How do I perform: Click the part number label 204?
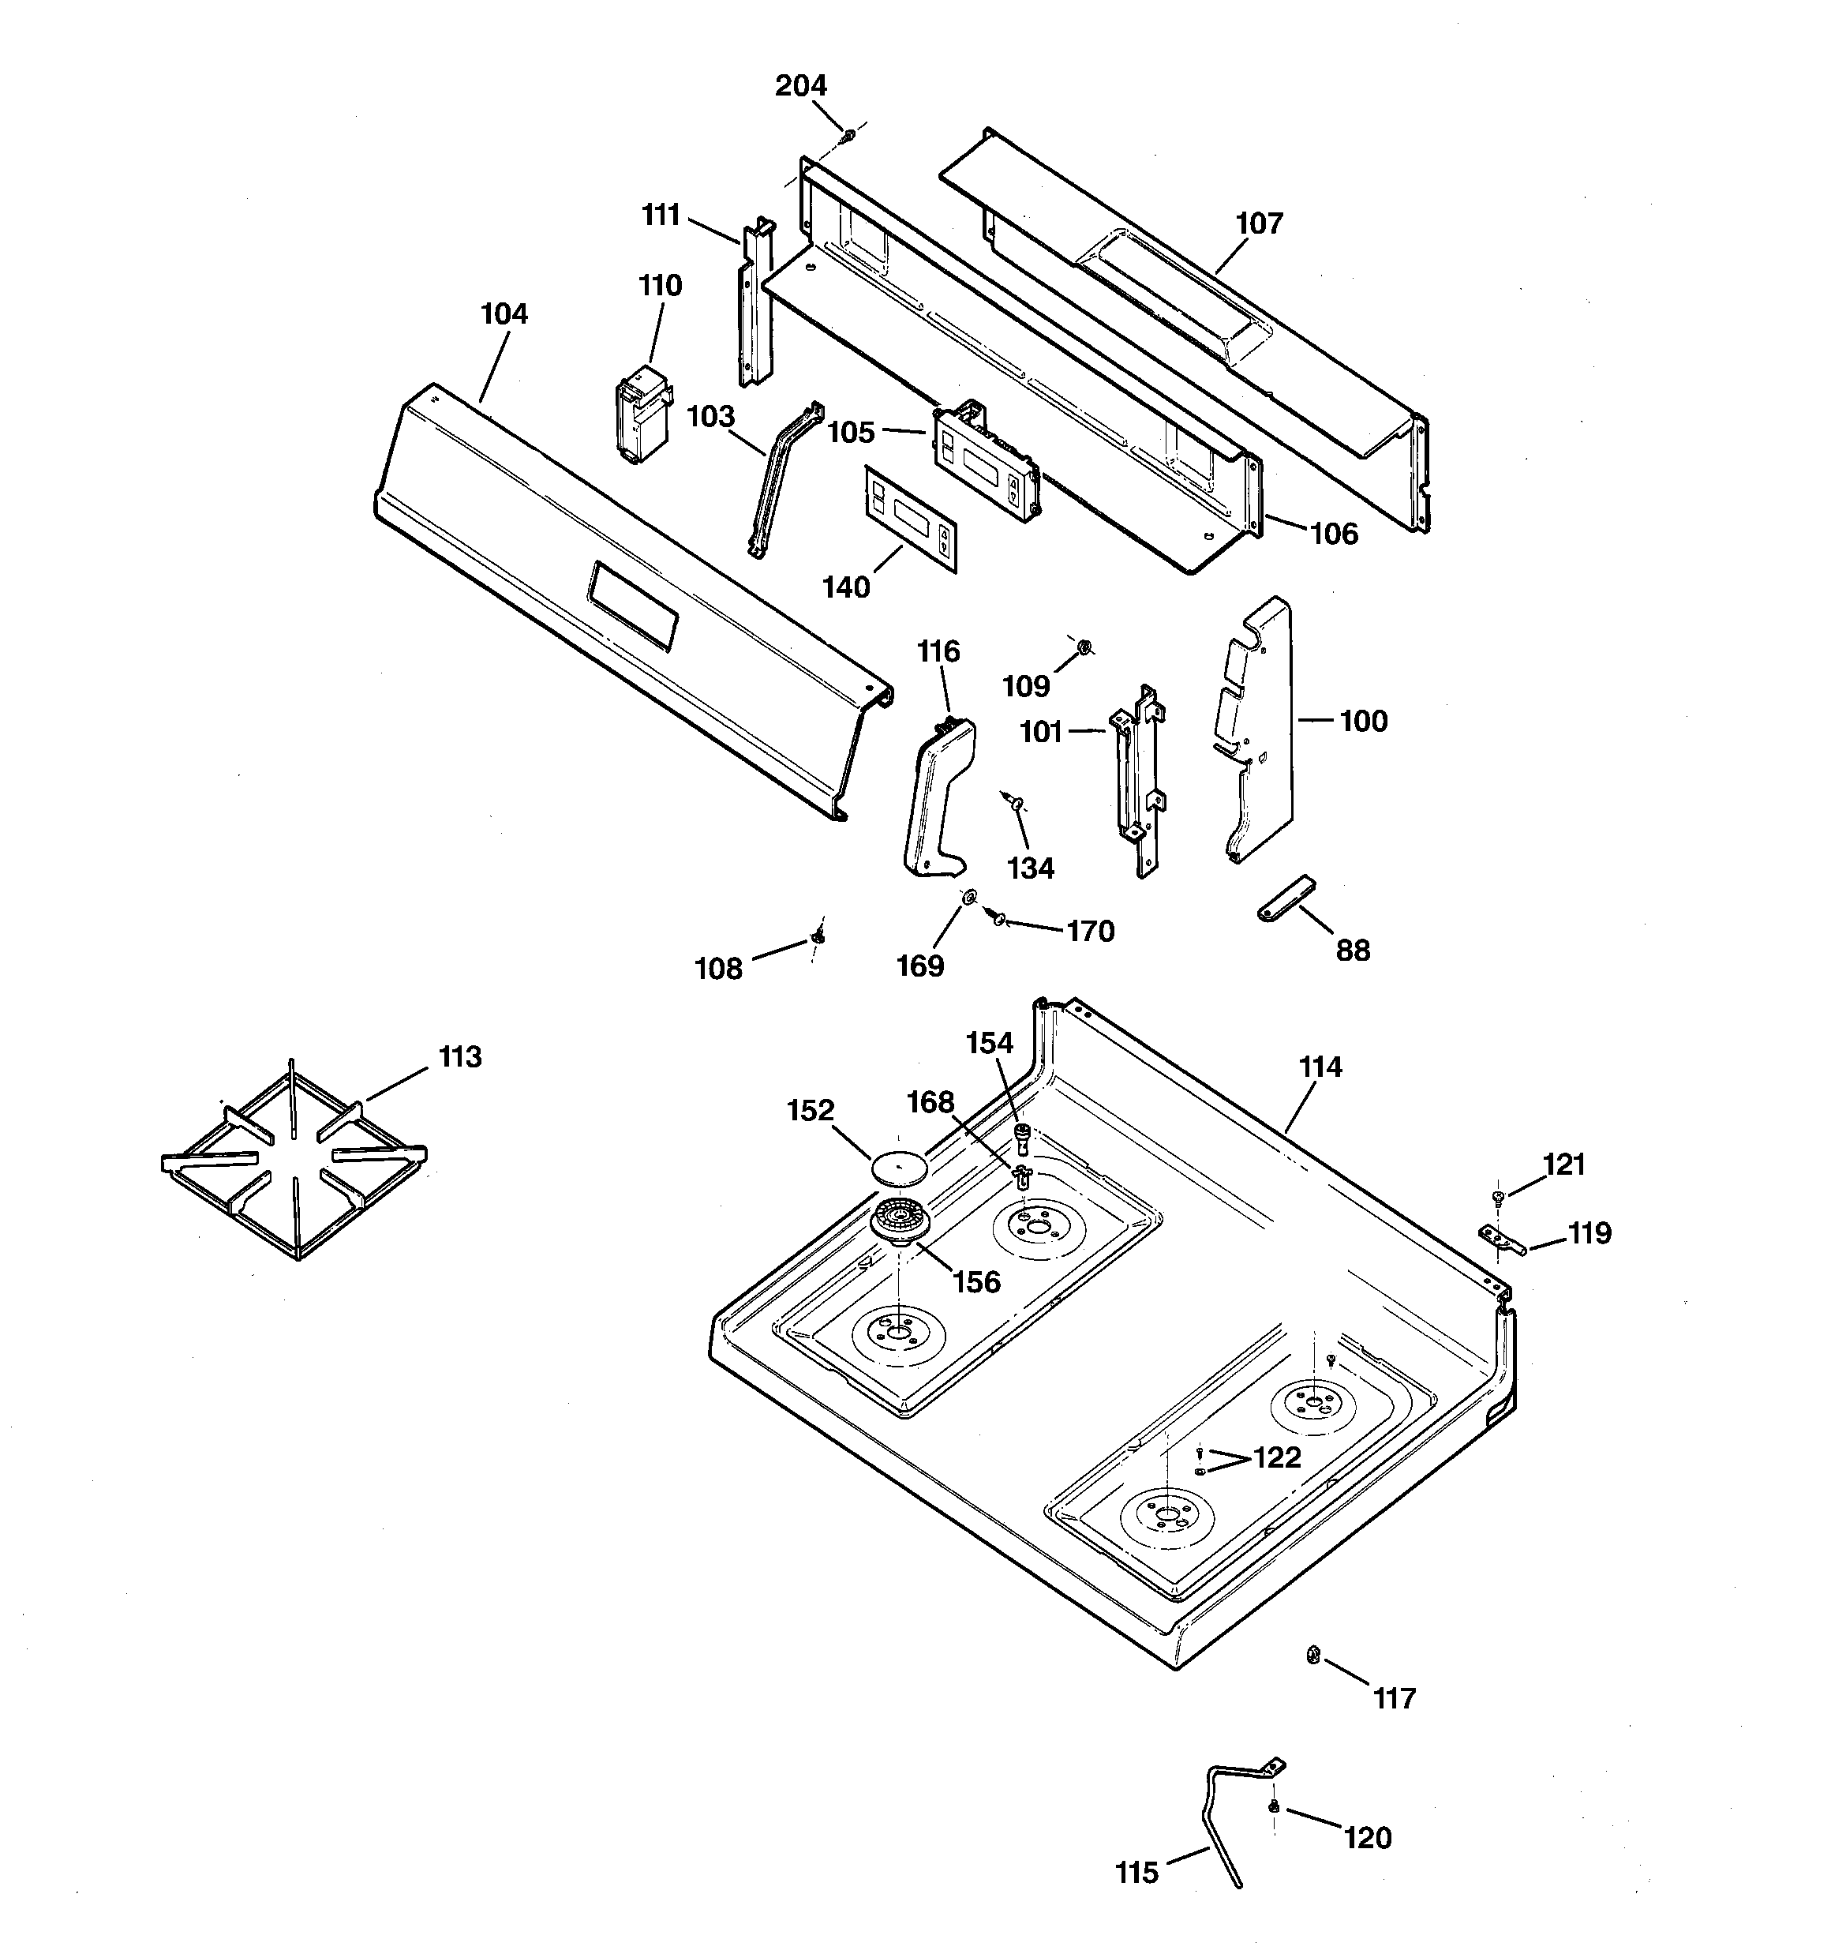point(800,87)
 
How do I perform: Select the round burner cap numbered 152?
point(899,1170)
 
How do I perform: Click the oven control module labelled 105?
point(984,461)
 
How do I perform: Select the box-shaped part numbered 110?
point(642,414)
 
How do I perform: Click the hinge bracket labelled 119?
point(1502,1240)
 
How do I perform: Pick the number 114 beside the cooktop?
point(1319,1067)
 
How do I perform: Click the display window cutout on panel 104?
point(633,606)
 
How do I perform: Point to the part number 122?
point(1277,1457)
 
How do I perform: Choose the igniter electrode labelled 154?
point(1022,1138)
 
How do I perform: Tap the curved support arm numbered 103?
point(784,478)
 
